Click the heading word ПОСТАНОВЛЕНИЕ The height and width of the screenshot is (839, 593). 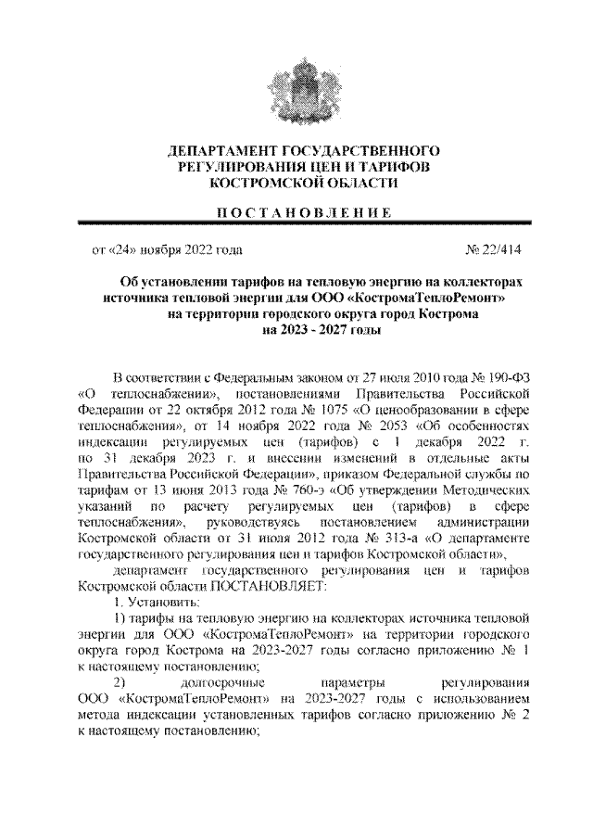point(296,213)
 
